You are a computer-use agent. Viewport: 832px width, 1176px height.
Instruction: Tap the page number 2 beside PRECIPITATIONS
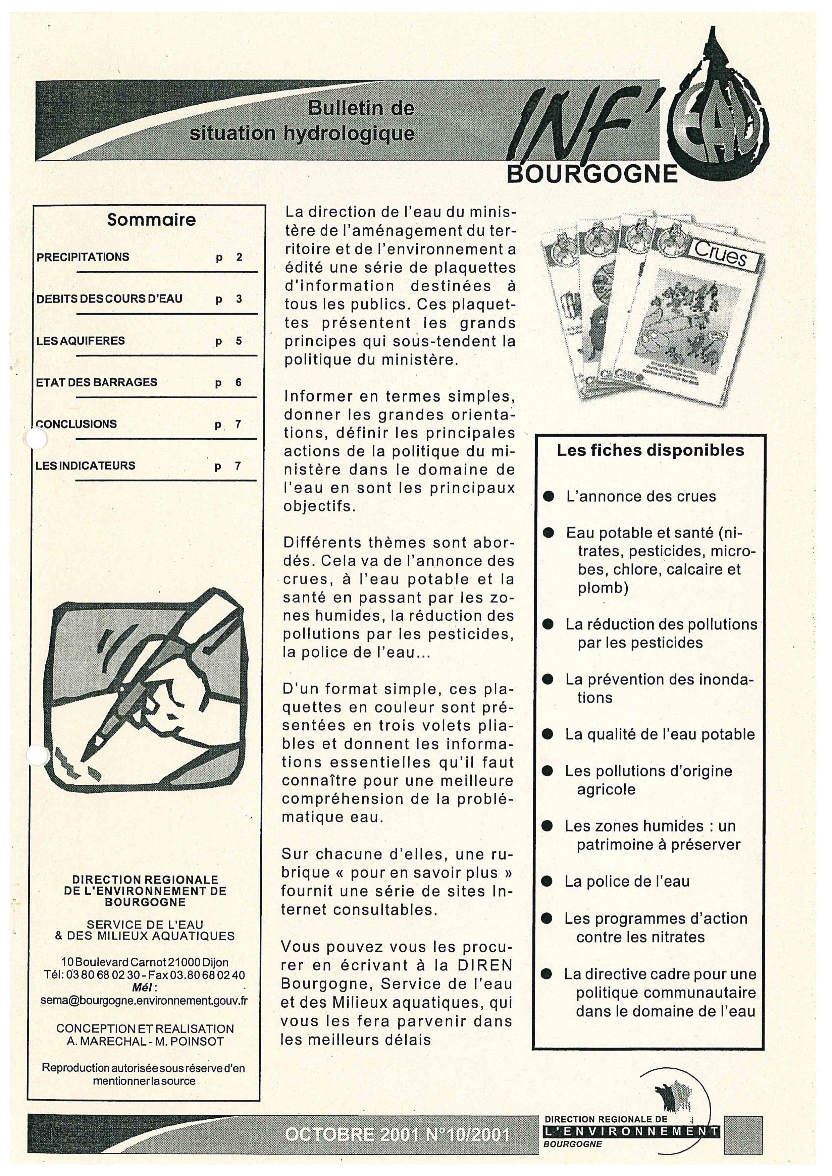(x=239, y=257)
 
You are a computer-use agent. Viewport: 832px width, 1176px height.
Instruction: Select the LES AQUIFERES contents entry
(x=81, y=341)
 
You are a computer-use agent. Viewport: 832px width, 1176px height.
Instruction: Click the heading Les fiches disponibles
(x=651, y=450)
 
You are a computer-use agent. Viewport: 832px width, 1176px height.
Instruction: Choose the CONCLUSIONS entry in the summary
(x=76, y=424)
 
